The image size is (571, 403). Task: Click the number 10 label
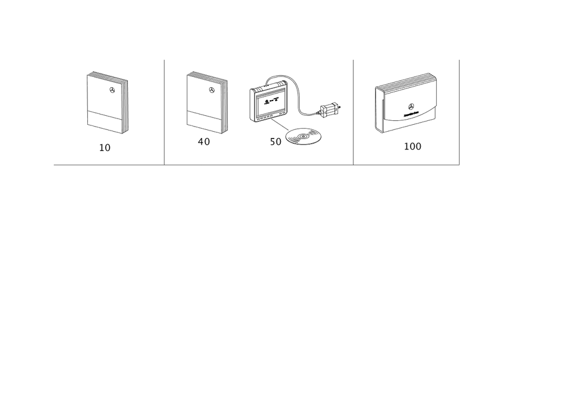[x=105, y=148]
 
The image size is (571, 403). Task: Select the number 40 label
[x=203, y=141]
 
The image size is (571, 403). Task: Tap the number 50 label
[x=275, y=142]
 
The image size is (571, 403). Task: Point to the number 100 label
[x=413, y=146]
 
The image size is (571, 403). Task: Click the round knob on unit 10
[x=112, y=88]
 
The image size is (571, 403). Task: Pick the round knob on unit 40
[x=212, y=88]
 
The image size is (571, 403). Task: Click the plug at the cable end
[x=330, y=108]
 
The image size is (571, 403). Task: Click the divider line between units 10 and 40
[x=164, y=111]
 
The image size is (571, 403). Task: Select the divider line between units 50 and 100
[x=353, y=111]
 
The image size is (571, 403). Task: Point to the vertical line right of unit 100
[x=459, y=111]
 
